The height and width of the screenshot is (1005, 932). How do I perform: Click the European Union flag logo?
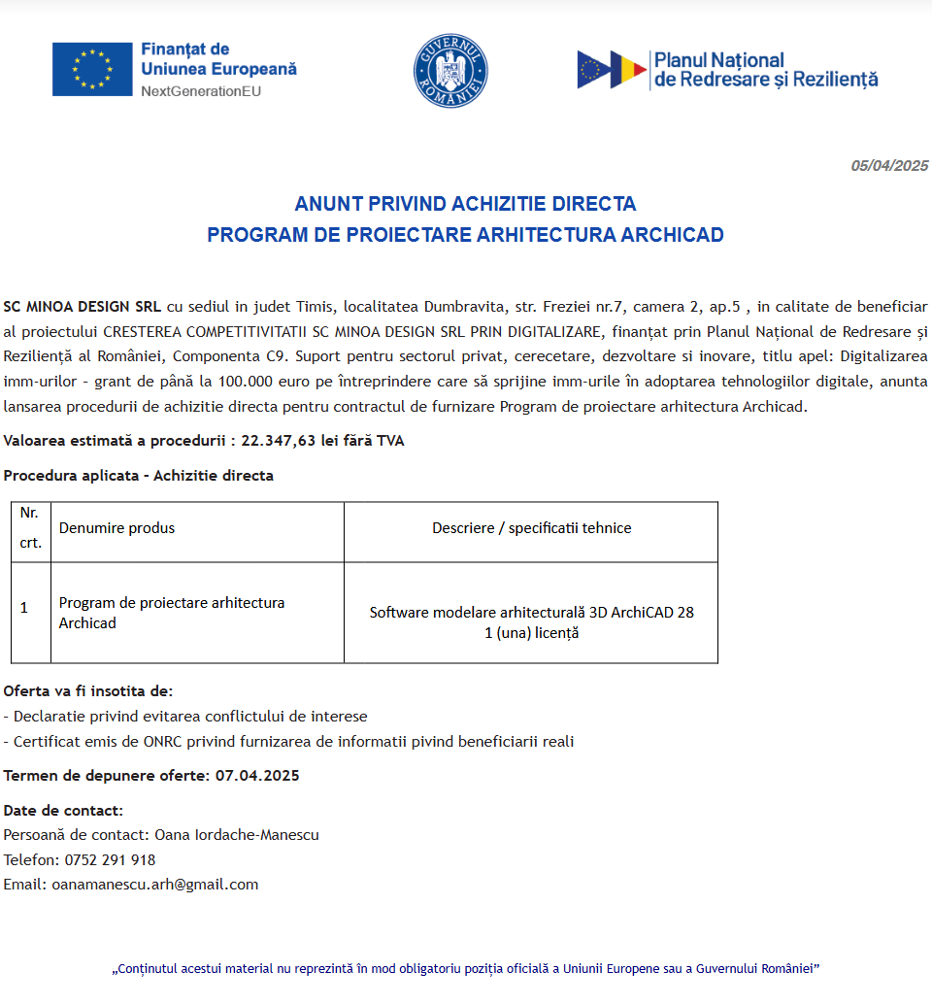click(x=92, y=69)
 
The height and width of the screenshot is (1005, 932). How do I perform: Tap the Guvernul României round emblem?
click(x=450, y=70)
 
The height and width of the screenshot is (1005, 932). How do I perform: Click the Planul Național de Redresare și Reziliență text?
click(x=765, y=70)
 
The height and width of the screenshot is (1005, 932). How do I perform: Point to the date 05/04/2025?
click(x=889, y=166)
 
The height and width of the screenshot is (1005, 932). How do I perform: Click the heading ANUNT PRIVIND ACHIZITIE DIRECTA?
click(x=465, y=204)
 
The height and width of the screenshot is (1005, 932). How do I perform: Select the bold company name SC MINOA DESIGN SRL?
click(x=83, y=307)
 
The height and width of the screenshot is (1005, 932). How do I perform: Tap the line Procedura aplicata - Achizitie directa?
click(x=139, y=476)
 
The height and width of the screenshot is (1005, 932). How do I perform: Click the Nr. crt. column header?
click(x=30, y=527)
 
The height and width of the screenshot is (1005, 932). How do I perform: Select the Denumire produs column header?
click(x=116, y=528)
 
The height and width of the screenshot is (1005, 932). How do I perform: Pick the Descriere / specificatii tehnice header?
click(x=531, y=528)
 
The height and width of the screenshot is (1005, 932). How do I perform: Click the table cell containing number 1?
click(x=24, y=608)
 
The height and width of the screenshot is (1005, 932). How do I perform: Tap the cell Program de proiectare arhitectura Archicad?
click(x=171, y=613)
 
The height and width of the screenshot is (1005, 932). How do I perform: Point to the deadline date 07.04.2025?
click(x=257, y=776)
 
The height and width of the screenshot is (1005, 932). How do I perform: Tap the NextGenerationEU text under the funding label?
click(x=201, y=91)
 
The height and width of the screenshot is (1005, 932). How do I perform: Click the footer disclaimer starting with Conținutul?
click(x=466, y=968)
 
